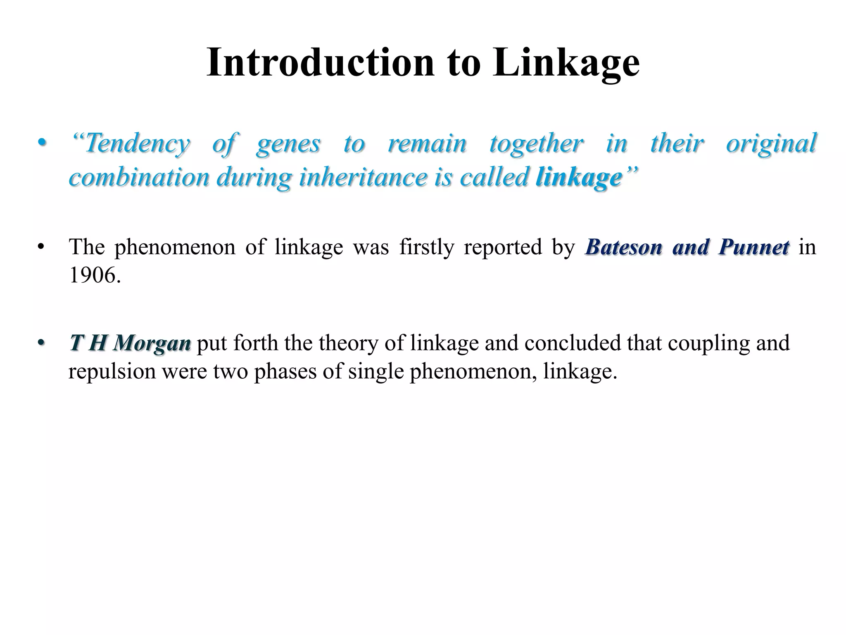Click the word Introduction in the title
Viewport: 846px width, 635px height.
point(320,63)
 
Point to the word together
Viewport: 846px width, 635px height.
point(537,144)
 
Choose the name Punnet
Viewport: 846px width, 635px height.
point(754,248)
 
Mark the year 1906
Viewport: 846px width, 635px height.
point(95,275)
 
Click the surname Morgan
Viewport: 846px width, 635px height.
point(152,344)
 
